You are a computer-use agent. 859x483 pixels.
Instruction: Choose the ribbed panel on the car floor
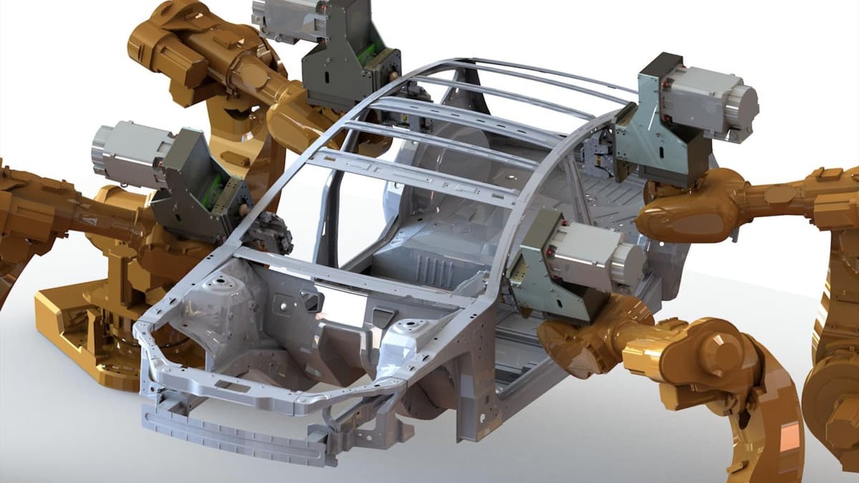[429, 268]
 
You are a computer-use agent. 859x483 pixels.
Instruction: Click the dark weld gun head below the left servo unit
[268, 233]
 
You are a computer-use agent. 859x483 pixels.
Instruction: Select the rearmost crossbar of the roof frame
[544, 72]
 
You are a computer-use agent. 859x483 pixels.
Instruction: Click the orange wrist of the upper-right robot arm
[680, 208]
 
